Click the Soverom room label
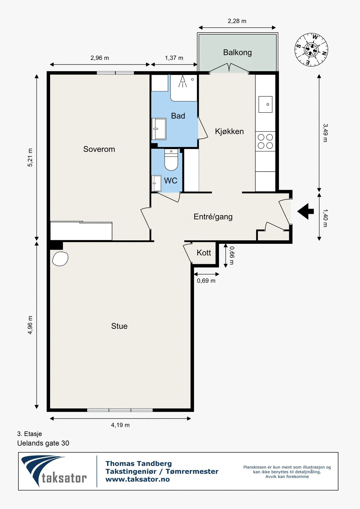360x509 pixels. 99,149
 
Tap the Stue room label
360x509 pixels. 119,326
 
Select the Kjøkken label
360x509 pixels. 229,131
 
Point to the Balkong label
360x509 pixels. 238,53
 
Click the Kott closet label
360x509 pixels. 204,253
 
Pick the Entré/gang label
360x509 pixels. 213,217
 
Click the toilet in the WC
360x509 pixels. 171,160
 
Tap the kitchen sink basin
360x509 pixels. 266,104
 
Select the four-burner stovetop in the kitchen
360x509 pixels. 265,141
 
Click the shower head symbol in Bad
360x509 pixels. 183,81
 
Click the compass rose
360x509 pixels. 311,50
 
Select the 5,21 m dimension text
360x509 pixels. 30,158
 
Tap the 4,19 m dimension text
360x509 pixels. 120,425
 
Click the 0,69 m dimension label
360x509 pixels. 206,281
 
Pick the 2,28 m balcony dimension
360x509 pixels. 237,21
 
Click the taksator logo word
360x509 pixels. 64,478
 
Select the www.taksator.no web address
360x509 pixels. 138,479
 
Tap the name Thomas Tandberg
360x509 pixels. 139,463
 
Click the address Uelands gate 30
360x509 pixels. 43,443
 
